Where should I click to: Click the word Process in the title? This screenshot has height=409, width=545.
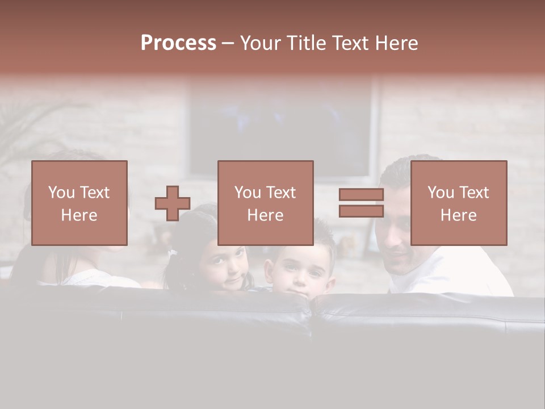coord(178,43)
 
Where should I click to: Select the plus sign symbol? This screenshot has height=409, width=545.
coord(173,203)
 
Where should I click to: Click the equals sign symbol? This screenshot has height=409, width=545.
coord(361,203)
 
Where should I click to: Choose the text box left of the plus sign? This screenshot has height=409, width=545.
coord(79,203)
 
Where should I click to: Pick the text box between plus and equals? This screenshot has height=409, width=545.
coord(265,203)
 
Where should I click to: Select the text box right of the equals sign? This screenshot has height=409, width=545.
coord(458,203)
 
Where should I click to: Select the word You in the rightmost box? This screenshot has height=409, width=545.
coord(441,193)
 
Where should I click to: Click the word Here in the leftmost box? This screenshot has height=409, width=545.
coord(79,215)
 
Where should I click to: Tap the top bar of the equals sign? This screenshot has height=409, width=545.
coord(361,195)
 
